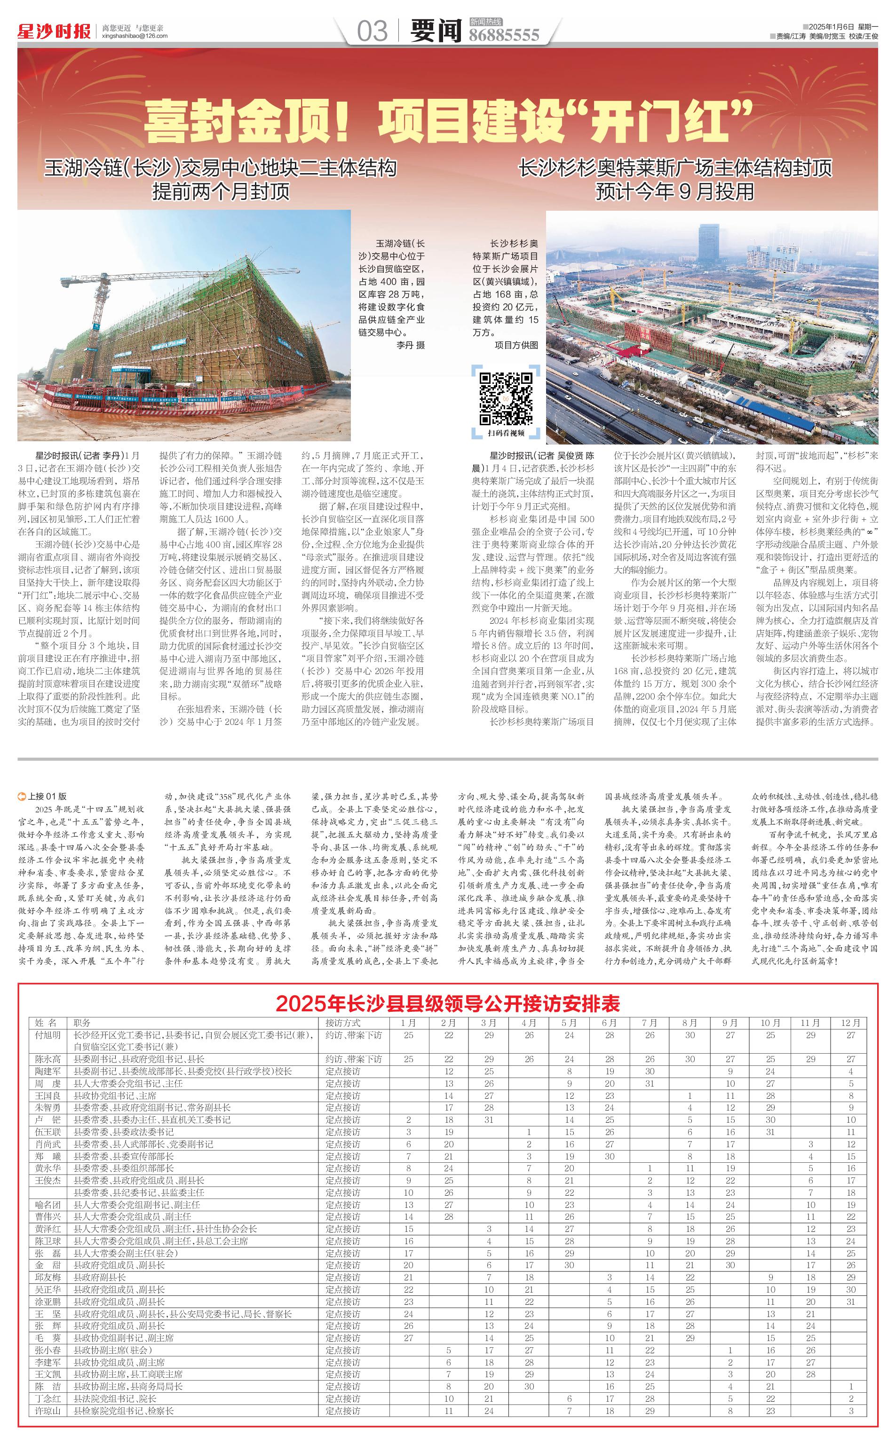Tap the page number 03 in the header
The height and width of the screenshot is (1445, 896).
point(372,31)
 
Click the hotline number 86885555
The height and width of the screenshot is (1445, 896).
point(504,36)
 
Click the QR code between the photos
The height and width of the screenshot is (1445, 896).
point(506,398)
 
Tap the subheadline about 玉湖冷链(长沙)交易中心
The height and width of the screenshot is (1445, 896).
point(221,180)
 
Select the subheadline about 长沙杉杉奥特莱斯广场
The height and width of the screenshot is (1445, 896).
point(675,180)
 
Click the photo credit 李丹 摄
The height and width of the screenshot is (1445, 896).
point(410,345)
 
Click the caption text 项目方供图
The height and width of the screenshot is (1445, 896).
point(516,345)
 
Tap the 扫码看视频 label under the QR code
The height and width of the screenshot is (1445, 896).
point(506,433)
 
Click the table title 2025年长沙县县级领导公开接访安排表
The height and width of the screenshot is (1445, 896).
point(447,1004)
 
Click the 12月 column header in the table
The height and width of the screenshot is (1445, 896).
point(850,1023)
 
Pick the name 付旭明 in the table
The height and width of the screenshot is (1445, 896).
point(48,1035)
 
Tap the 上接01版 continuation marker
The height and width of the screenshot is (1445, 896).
point(43,796)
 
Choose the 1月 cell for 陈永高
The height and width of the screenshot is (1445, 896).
point(408,1059)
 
